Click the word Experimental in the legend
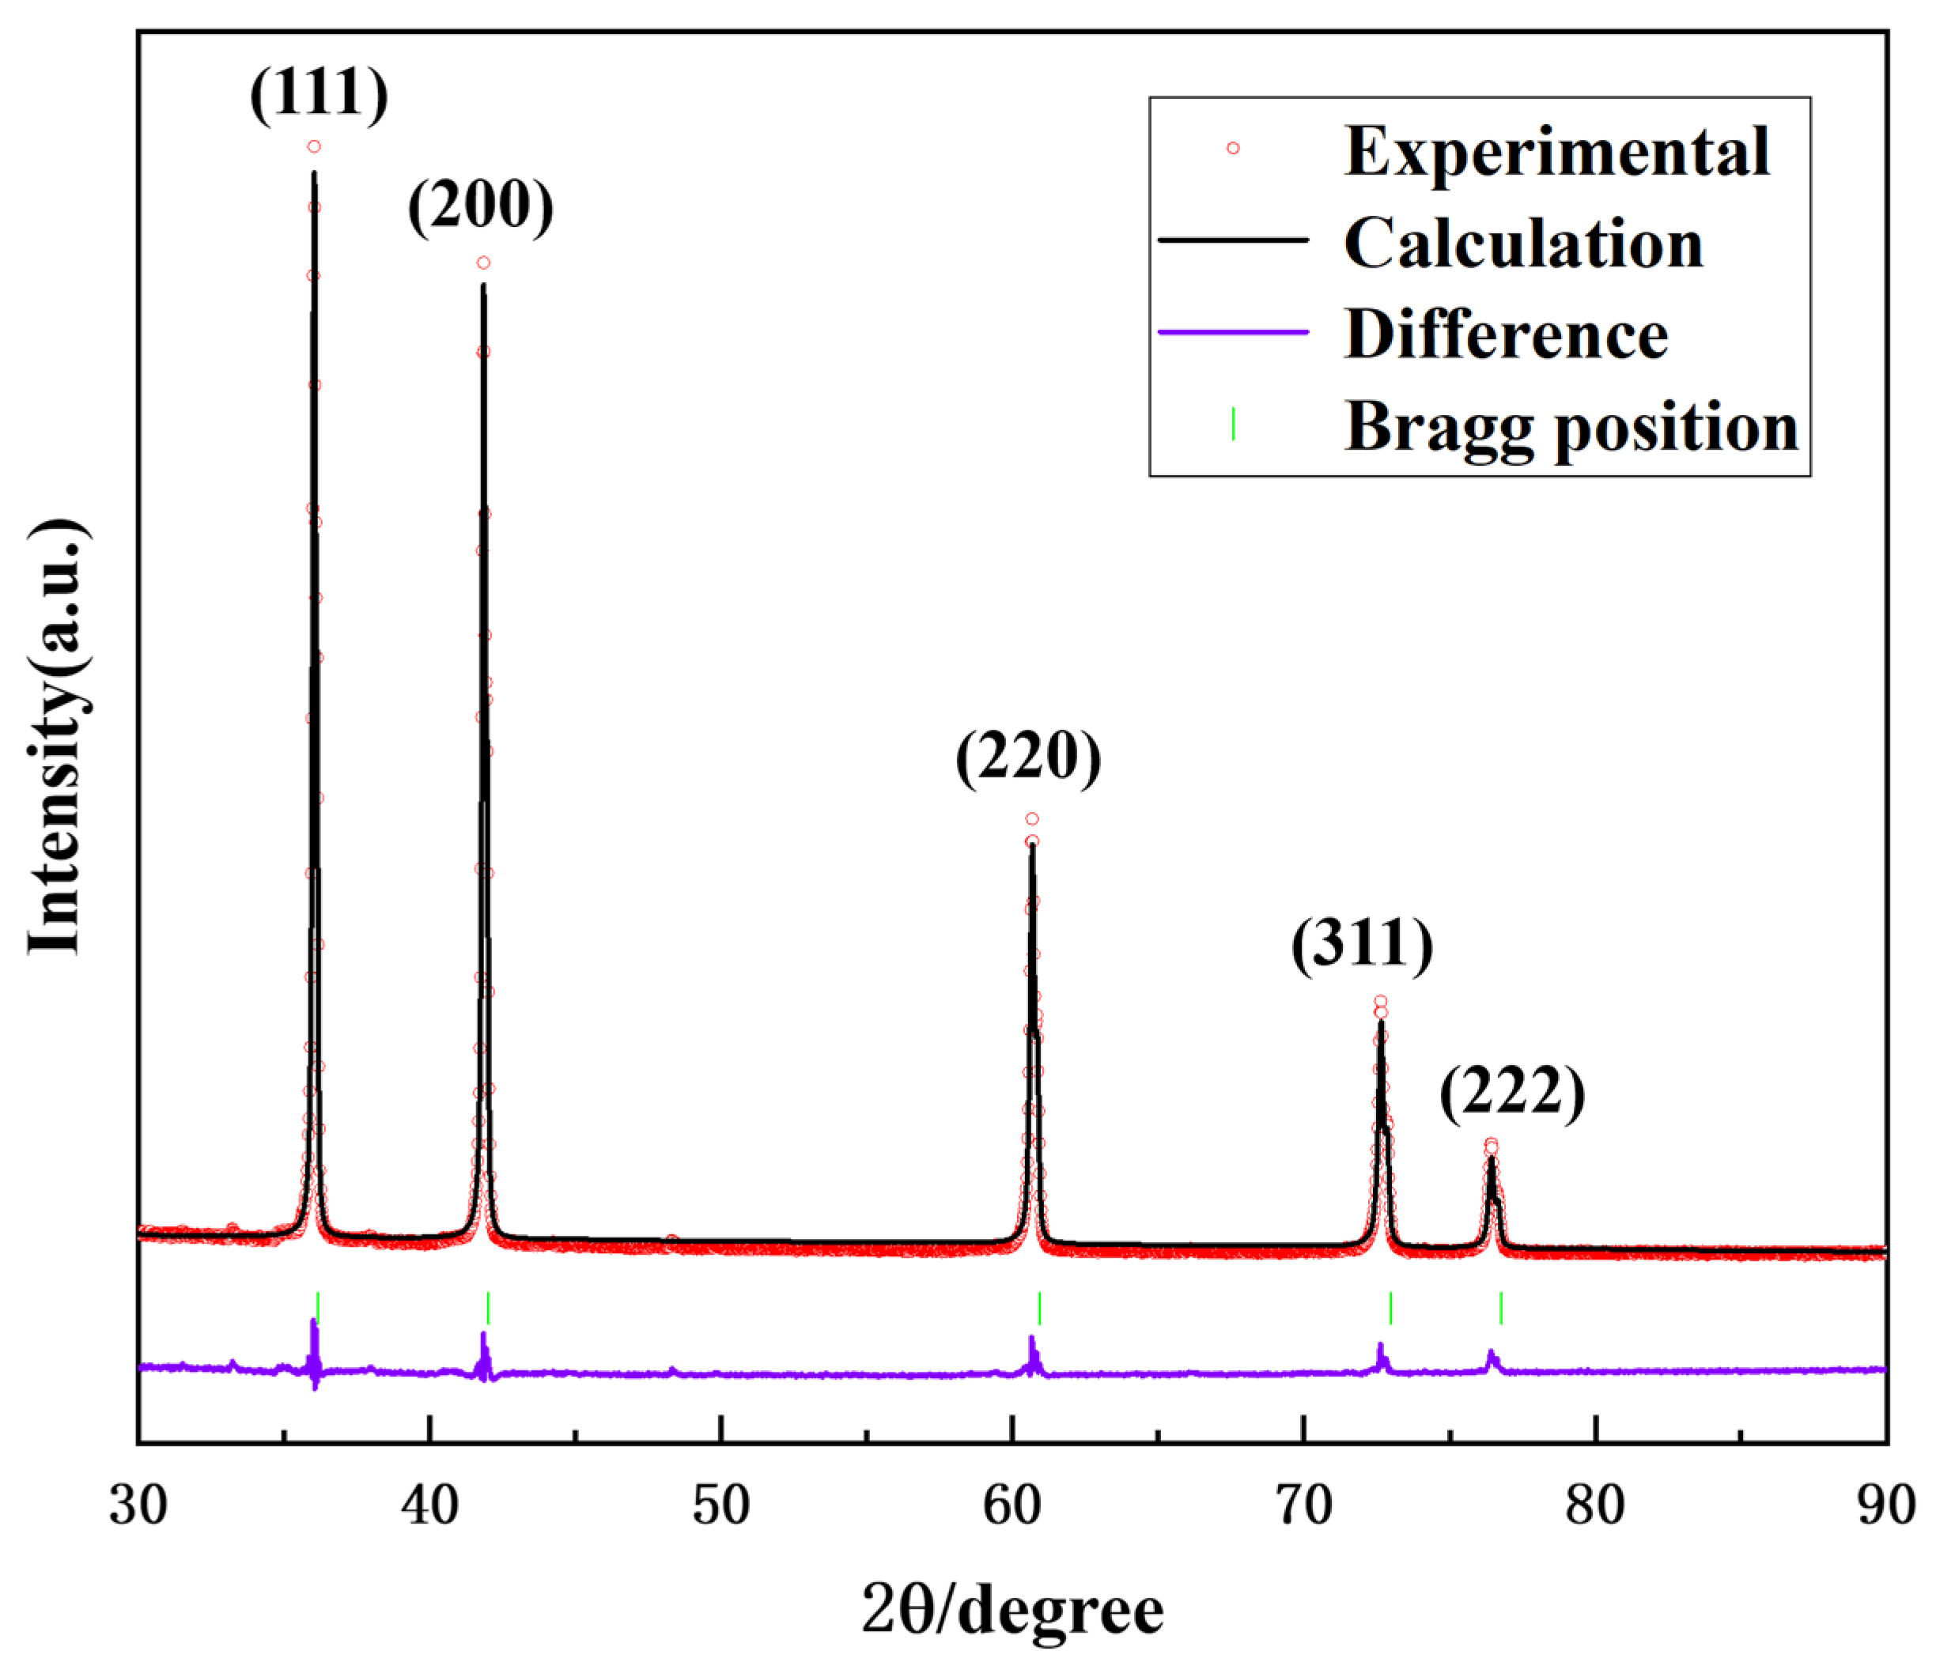pyautogui.click(x=1556, y=151)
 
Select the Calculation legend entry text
pyautogui.click(x=1524, y=243)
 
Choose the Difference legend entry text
pyautogui.click(x=1507, y=334)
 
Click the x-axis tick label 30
pyautogui.click(x=138, y=1506)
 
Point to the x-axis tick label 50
pyautogui.click(x=720, y=1506)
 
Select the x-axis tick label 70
pyautogui.click(x=1303, y=1506)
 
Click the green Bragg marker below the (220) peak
pyautogui.click(x=1040, y=1308)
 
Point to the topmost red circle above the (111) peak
pyautogui.click(x=314, y=147)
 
